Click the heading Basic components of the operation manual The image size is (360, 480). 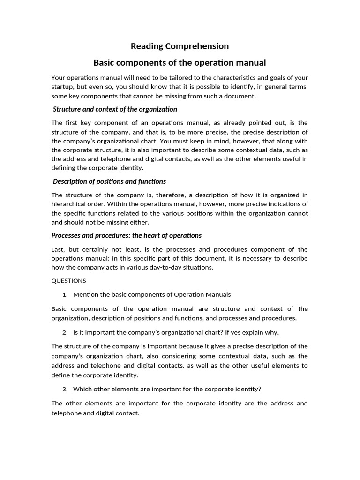180,62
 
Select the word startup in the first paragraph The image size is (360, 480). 63,87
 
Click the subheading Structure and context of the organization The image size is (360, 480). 115,109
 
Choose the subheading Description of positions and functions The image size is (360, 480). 109,181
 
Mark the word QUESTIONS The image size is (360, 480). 68,281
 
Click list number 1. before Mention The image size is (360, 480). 65,295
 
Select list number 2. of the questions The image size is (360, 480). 65,332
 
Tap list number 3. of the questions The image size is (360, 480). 65,389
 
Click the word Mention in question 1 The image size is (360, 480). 85,295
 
